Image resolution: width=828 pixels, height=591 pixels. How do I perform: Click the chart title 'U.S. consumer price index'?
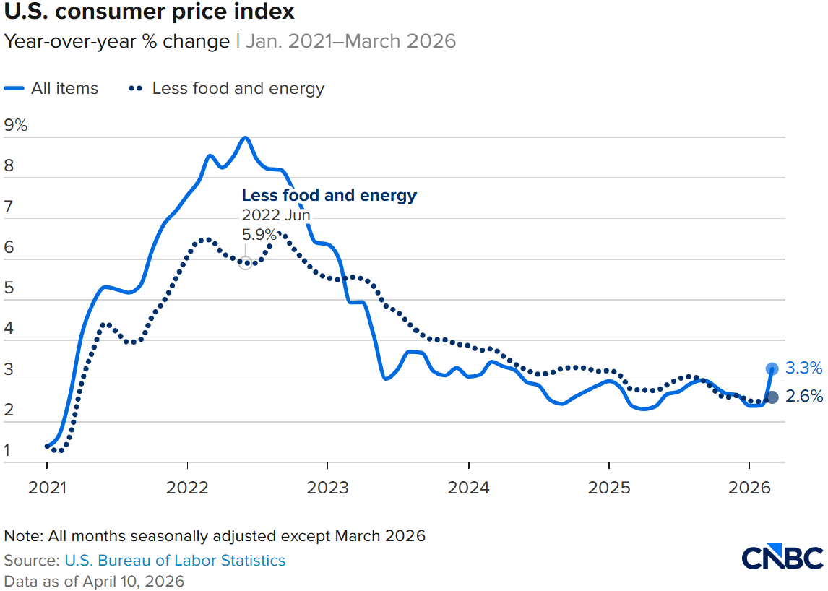coord(150,12)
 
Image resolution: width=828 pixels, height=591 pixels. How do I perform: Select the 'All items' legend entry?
coord(52,89)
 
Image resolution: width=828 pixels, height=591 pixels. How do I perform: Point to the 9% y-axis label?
coord(16,125)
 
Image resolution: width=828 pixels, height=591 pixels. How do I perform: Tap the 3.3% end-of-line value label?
coord(803,368)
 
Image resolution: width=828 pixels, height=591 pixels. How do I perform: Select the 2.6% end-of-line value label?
coord(803,396)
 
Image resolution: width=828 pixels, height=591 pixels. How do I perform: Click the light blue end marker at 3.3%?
coord(772,368)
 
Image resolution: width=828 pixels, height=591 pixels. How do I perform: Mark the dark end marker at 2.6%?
coord(772,397)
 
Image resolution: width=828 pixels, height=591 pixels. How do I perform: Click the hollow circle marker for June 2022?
coord(246,264)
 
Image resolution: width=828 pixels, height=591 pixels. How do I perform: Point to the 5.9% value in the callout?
coord(259,234)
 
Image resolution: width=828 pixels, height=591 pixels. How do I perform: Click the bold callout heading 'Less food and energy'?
coord(329,195)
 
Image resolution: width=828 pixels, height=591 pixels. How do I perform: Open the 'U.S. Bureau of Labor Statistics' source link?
coord(175,560)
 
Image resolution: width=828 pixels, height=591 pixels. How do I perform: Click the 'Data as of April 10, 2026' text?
coord(94,581)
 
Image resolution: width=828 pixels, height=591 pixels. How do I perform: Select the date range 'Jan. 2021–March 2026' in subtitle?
coord(350,41)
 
